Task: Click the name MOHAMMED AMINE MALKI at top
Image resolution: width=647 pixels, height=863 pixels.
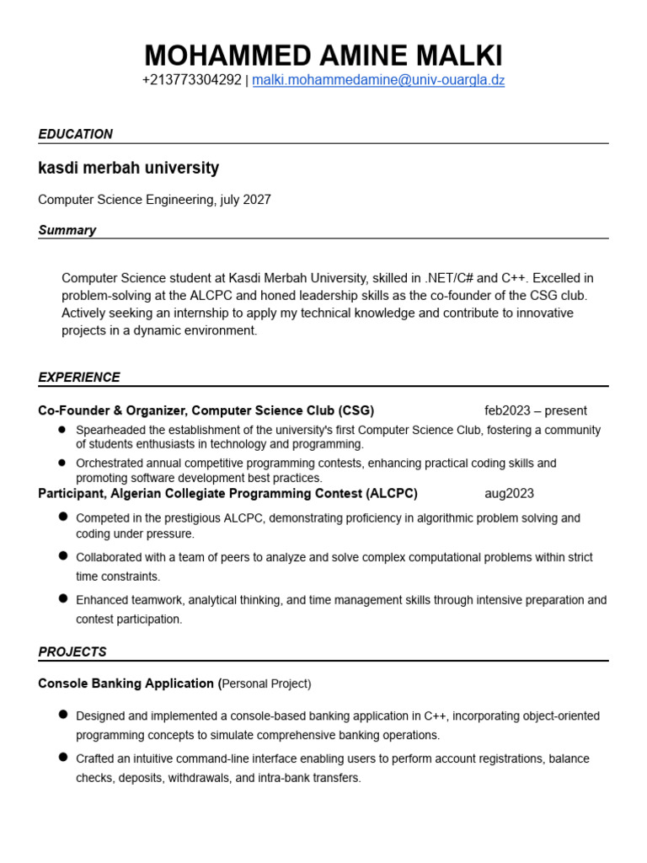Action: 323,56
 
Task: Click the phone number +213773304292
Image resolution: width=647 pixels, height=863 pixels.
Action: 191,81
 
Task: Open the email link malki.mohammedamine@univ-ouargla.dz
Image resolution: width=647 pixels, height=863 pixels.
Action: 378,81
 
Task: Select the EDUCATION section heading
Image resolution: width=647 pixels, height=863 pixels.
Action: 75,134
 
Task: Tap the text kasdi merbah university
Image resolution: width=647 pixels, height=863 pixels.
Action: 128,168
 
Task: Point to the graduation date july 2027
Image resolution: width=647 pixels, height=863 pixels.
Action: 245,200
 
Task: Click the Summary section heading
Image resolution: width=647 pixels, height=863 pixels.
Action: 67,230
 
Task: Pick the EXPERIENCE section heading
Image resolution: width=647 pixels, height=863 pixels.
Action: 79,378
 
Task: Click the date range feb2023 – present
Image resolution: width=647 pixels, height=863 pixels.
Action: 536,411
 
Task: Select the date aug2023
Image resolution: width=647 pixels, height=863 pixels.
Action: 509,494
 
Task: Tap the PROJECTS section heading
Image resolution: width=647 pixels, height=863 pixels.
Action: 72,652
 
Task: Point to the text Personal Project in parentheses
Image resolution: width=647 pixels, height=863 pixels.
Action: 266,683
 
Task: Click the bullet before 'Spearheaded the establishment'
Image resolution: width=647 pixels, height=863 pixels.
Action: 62,429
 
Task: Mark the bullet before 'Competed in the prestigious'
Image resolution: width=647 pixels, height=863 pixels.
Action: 63,517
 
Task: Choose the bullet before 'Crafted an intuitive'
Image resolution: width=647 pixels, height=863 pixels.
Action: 63,757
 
